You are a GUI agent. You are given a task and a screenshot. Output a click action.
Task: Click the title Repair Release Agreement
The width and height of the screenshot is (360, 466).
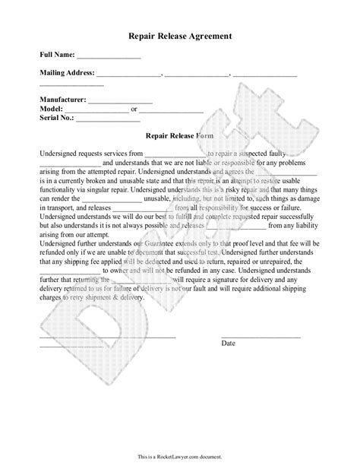(180, 36)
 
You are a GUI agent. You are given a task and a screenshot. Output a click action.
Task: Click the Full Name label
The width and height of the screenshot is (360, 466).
(56, 55)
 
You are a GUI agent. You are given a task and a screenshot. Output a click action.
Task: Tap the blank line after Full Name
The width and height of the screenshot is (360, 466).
(108, 57)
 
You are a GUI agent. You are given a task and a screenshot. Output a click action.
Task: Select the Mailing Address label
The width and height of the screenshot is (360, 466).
(67, 73)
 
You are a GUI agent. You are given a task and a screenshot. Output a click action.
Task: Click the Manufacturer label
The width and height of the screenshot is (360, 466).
(63, 100)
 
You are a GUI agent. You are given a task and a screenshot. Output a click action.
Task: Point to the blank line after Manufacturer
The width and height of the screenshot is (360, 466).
(122, 102)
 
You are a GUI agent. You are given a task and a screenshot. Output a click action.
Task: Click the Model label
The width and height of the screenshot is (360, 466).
(52, 109)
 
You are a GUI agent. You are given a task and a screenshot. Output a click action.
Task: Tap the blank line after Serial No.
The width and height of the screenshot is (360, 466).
(107, 120)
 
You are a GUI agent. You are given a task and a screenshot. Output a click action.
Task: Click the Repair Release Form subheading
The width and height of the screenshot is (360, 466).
(180, 135)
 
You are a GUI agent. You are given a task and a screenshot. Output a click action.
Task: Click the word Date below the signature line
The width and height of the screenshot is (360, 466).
(229, 322)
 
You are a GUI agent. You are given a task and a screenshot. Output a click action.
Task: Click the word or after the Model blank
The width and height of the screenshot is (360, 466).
(134, 109)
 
